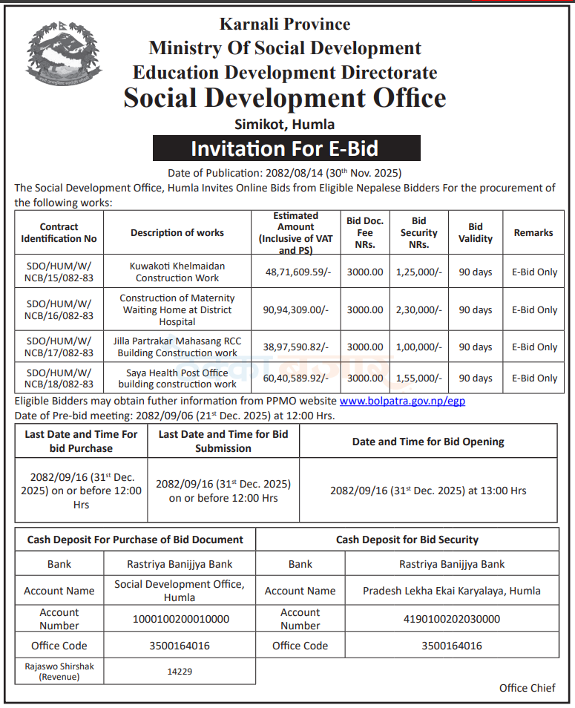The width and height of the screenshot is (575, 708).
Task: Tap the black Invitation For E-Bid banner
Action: (286, 148)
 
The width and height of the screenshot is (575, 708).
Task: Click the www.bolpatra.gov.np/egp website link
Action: (402, 401)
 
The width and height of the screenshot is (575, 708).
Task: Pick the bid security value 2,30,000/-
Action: (418, 310)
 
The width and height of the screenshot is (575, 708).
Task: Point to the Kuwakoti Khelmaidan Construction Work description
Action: (177, 272)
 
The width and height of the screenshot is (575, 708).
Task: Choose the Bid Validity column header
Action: (476, 232)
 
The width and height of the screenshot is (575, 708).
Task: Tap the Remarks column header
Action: (533, 232)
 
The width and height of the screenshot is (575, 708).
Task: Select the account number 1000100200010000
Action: (180, 619)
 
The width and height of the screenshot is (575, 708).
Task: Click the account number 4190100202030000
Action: (451, 619)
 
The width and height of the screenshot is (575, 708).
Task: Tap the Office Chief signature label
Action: (527, 688)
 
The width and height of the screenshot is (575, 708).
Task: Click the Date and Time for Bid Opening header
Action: (428, 442)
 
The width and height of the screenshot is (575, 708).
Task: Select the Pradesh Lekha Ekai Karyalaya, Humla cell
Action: (451, 591)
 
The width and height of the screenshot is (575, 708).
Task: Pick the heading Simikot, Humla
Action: (286, 124)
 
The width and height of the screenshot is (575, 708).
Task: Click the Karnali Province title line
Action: (285, 24)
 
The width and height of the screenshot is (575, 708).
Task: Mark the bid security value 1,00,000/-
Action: (418, 347)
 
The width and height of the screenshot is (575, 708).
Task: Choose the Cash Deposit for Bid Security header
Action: (407, 540)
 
